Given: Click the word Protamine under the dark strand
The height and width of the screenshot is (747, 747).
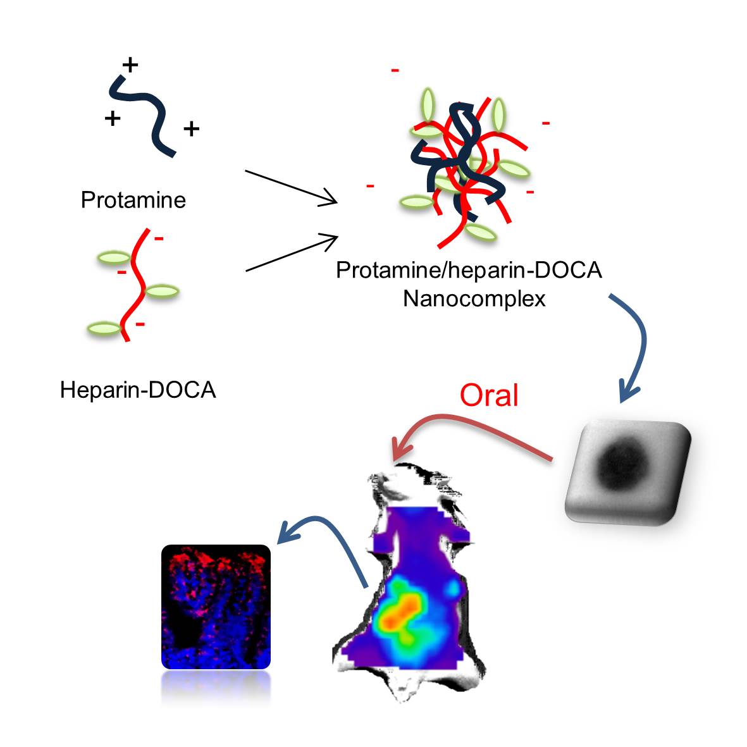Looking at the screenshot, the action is click(133, 200).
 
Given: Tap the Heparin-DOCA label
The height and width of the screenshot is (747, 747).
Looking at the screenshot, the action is click(138, 390).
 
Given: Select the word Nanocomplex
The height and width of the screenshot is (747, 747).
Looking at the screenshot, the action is click(474, 299).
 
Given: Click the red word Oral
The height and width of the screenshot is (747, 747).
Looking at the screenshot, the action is click(490, 395).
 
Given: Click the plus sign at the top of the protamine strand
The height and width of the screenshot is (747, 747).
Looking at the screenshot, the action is click(130, 65).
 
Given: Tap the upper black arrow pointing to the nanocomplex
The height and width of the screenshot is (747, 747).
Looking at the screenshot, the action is click(291, 187).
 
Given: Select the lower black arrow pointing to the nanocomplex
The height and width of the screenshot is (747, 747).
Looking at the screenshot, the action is click(292, 253).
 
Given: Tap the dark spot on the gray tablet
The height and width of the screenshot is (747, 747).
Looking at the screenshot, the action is click(623, 465).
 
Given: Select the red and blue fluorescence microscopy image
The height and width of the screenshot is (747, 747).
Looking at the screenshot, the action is click(216, 607).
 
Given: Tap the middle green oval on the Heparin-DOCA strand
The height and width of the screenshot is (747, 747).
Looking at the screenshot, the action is click(162, 290).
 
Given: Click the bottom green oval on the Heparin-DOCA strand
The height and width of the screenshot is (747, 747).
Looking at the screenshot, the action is click(105, 328).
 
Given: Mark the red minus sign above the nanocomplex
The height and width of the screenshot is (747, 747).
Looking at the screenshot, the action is click(395, 70).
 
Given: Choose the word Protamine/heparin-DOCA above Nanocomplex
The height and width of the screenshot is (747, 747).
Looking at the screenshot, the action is click(469, 270).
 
